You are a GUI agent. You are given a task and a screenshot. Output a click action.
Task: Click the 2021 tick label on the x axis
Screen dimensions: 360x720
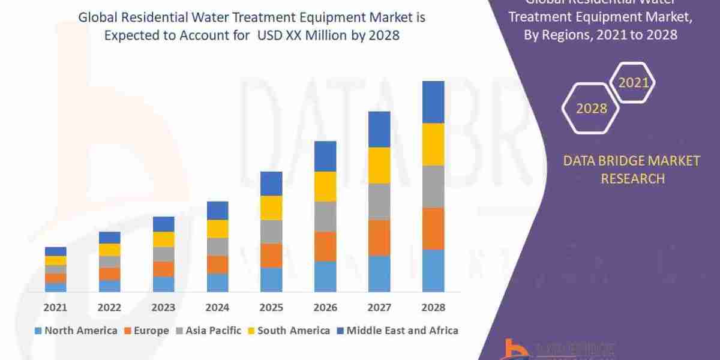pyautogui.click(x=56, y=307)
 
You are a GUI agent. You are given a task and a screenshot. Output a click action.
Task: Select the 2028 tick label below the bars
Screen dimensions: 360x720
pyautogui.click(x=433, y=307)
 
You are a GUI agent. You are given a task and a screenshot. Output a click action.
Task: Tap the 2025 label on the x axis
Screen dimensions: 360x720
pyautogui.click(x=271, y=307)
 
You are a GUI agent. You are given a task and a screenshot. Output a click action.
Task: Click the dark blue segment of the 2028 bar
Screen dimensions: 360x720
pyautogui.click(x=433, y=102)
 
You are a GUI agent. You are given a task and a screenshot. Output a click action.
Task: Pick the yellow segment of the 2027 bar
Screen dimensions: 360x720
pyautogui.click(x=379, y=165)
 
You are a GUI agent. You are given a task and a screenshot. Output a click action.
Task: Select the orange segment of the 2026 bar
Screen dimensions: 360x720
pyautogui.click(x=325, y=246)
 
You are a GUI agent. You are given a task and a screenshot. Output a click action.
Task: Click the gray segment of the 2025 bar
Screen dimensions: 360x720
pyautogui.click(x=271, y=232)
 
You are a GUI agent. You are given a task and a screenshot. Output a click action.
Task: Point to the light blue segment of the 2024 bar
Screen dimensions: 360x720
pyautogui.click(x=217, y=283)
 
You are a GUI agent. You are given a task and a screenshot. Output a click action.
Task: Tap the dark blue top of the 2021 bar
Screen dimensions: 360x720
pyautogui.click(x=56, y=251)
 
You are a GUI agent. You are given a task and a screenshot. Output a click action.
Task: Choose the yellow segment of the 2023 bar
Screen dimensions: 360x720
pyautogui.click(x=163, y=239)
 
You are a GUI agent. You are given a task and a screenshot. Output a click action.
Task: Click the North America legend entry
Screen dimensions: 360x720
pyautogui.click(x=76, y=331)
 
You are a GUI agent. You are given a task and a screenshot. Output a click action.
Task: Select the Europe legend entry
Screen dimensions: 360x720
pyautogui.click(x=147, y=331)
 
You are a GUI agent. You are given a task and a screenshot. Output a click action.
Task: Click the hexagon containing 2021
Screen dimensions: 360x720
pyautogui.click(x=632, y=83)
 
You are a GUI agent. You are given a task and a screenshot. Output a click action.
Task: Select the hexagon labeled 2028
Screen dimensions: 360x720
pyautogui.click(x=591, y=109)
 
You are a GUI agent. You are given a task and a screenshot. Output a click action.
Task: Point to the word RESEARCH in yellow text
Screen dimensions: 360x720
pyautogui.click(x=632, y=178)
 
